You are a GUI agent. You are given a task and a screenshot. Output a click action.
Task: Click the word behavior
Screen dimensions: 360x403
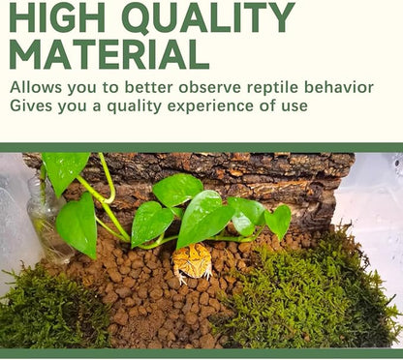coord(338,87)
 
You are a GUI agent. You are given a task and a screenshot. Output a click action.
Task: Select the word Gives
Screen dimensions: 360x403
coord(31,105)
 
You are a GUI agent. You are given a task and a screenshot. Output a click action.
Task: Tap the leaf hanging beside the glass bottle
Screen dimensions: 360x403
coord(77,225)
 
